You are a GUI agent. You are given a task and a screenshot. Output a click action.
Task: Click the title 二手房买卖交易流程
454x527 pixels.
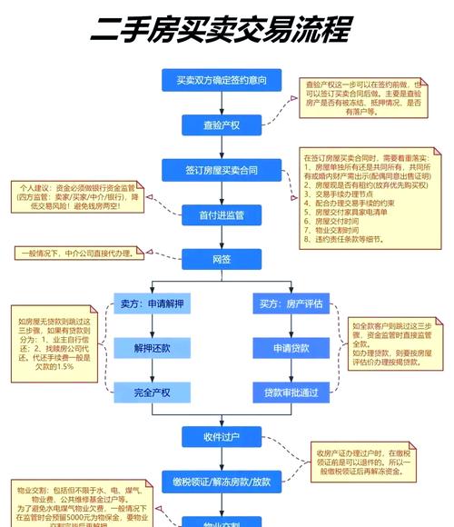click(220, 31)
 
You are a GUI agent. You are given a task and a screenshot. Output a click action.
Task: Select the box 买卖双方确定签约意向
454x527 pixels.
click(222, 81)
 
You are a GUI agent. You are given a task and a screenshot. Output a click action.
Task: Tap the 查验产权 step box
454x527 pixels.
click(222, 125)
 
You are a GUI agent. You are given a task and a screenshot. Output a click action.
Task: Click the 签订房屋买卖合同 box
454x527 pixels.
click(222, 170)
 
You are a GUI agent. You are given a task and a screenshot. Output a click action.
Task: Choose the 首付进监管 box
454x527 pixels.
click(222, 214)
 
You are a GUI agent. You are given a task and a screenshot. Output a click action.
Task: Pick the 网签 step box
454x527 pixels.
click(222, 259)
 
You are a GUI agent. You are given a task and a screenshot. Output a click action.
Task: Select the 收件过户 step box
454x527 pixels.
click(222, 437)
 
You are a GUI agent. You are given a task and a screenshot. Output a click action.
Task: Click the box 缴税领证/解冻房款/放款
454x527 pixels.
click(222, 481)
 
